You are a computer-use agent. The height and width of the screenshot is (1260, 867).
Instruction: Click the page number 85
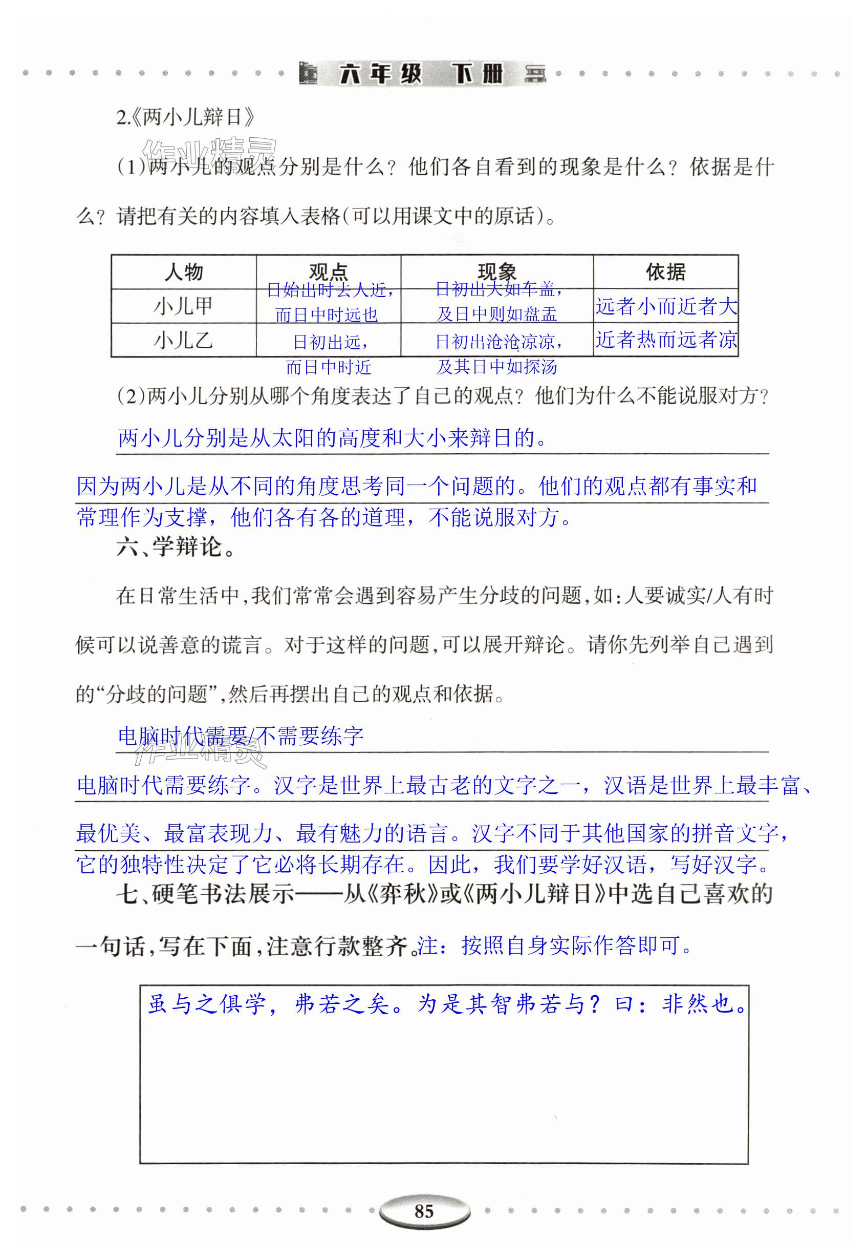point(424,1211)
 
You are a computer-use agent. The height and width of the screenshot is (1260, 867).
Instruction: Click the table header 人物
point(184,272)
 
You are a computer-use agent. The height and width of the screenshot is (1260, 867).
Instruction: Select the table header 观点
point(328,271)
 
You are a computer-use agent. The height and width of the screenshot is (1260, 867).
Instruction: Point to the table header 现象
point(496,271)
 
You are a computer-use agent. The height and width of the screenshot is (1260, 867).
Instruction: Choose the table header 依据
point(665,272)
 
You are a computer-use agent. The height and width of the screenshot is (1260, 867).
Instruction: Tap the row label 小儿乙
point(184,341)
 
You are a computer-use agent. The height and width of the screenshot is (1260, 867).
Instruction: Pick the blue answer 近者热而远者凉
point(666,340)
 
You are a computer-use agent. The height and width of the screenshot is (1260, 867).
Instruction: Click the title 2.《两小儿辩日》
point(185,117)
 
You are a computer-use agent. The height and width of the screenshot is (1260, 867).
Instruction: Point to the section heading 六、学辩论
point(176,548)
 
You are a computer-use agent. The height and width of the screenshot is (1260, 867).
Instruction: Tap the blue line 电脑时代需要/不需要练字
point(241,736)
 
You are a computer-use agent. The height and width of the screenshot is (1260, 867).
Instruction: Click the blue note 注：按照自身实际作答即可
point(557,947)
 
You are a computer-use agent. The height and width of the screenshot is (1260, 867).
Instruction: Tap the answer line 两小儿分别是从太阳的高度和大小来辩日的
point(332,437)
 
